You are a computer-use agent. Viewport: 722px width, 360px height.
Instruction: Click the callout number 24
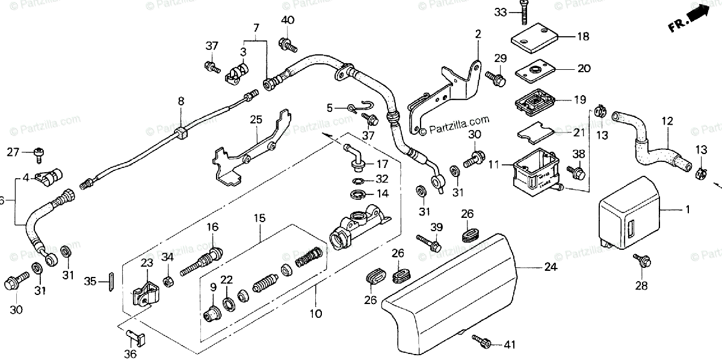point(551,267)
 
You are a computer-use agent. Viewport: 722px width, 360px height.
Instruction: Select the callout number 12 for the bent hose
point(666,121)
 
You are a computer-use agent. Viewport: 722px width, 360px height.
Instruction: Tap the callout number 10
point(316,314)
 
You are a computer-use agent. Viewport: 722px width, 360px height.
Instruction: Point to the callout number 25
point(256,120)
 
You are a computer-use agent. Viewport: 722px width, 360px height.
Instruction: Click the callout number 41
point(510,345)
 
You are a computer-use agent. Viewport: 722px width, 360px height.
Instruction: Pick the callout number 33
point(501,12)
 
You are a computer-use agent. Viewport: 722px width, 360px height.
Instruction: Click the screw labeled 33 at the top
point(525,14)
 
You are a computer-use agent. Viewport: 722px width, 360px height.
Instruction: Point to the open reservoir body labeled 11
point(534,168)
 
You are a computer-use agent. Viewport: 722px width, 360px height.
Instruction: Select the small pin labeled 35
point(111,282)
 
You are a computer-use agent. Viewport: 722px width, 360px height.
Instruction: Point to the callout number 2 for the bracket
point(478,34)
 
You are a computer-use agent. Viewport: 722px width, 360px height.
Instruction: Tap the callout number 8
point(181,102)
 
